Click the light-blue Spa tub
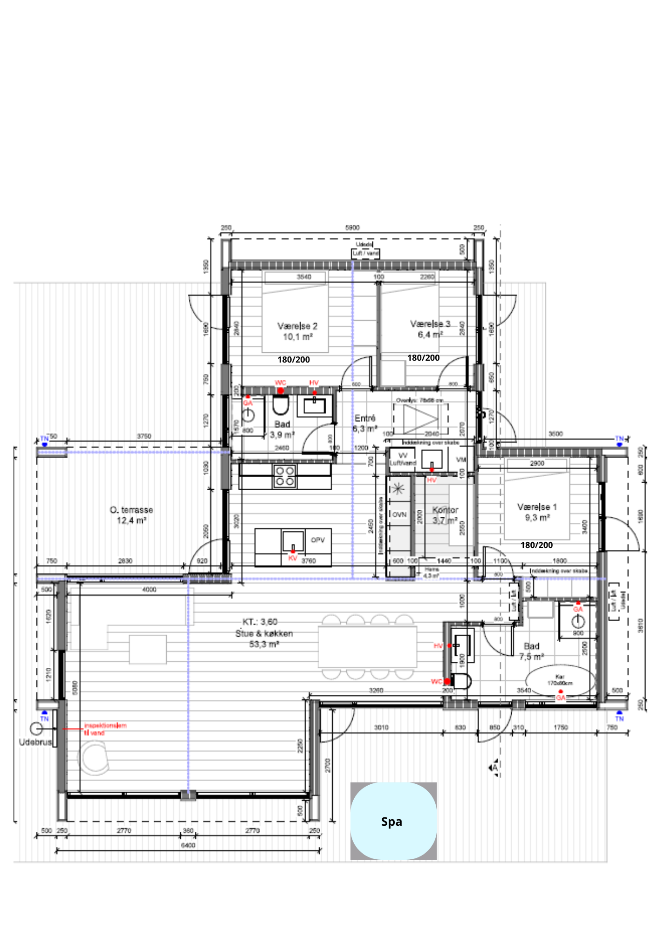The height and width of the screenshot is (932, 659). click(x=393, y=821)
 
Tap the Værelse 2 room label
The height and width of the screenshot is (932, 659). click(x=297, y=326)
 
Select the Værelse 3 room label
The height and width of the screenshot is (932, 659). click(x=430, y=324)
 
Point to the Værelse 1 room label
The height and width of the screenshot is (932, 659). click(x=537, y=507)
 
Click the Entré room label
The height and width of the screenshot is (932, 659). click(x=365, y=418)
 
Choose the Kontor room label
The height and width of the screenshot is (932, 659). click(x=445, y=510)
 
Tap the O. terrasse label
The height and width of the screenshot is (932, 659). click(x=131, y=510)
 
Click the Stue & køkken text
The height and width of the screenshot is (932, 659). click(x=264, y=634)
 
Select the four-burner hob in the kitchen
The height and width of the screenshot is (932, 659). click(x=284, y=476)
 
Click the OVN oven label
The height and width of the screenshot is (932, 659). click(x=399, y=515)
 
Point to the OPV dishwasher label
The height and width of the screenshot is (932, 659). click(x=317, y=540)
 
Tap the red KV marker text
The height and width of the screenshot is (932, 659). click(x=293, y=558)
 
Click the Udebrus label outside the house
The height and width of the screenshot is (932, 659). click(x=35, y=742)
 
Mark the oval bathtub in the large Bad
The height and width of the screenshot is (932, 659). click(x=560, y=681)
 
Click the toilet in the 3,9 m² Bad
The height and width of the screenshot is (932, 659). click(x=281, y=405)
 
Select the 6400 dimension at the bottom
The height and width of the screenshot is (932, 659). click(x=188, y=845)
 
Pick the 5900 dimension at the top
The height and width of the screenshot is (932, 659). click(x=352, y=228)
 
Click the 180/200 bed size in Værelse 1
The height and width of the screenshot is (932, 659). click(x=536, y=545)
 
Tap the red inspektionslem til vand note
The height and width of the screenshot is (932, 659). click(x=105, y=729)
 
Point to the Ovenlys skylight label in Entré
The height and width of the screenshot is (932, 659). click(x=419, y=400)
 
